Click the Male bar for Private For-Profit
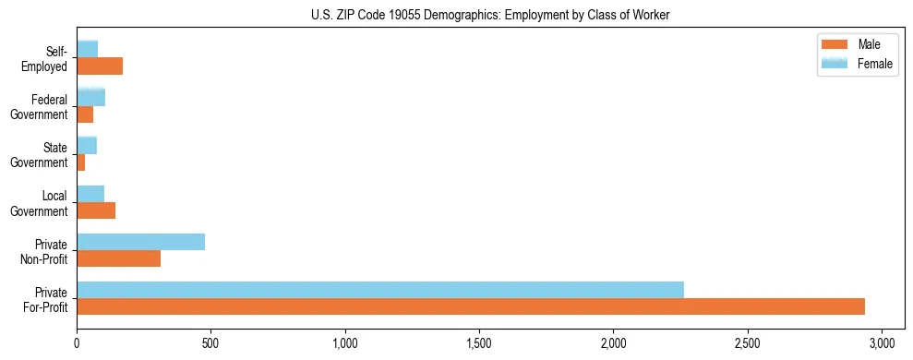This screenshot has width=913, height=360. point(471,306)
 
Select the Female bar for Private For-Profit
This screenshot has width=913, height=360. point(380,290)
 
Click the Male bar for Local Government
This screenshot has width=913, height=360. point(96,210)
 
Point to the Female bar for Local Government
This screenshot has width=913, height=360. point(90,194)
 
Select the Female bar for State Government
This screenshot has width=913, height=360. point(87,145)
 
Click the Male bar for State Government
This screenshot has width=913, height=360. point(81,162)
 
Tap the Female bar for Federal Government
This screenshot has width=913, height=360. point(90,97)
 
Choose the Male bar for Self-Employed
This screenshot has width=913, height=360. point(100,66)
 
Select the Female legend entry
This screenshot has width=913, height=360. point(858,62)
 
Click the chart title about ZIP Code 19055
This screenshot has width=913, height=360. point(491,14)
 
